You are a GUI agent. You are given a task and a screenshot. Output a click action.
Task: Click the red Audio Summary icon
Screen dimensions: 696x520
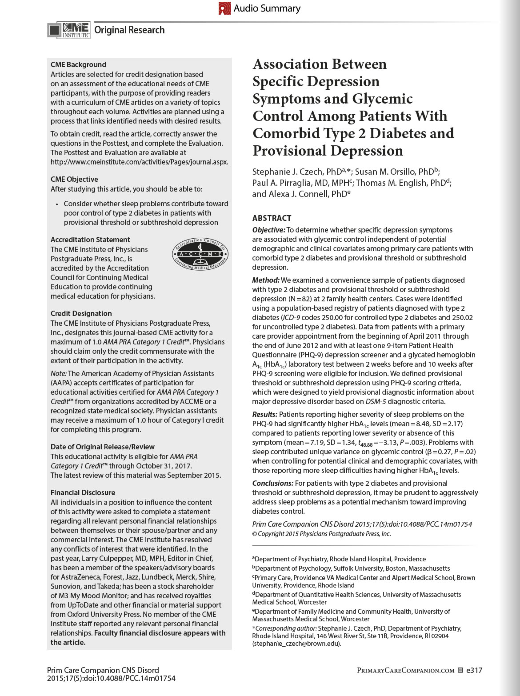tap(224, 8)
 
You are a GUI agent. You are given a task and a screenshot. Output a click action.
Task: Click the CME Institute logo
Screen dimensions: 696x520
tap(69, 30)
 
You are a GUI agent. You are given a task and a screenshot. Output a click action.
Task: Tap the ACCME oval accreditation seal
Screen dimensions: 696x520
tap(200, 254)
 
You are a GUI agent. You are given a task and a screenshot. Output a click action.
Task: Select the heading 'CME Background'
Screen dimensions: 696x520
tap(78, 64)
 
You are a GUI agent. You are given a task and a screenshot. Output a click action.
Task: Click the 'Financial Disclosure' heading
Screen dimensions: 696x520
tap(83, 492)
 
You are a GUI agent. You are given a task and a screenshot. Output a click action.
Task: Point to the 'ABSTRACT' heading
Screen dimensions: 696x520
tap(272, 218)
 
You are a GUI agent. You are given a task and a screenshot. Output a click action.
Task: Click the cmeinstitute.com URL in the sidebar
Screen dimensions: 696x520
tap(139, 162)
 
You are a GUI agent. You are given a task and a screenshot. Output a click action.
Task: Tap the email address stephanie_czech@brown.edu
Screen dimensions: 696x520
tap(296, 644)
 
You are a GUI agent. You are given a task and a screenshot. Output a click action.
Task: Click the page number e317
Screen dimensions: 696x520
tap(474, 670)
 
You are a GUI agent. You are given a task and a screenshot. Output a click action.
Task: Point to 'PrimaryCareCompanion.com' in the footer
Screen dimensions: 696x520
tap(405, 670)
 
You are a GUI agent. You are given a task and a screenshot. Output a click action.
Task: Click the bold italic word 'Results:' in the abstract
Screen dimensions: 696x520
tap(264, 414)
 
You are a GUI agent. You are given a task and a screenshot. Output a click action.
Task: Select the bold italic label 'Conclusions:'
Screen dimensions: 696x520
tap(272, 483)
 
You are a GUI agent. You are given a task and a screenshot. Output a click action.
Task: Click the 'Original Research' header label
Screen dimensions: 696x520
tap(129, 30)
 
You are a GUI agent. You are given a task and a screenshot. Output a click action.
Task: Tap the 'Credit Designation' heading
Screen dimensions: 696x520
tap(81, 313)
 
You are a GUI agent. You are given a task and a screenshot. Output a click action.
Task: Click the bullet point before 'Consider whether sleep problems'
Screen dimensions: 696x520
tap(57, 204)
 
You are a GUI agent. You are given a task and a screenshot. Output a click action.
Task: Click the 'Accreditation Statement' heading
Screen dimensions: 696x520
tap(90, 240)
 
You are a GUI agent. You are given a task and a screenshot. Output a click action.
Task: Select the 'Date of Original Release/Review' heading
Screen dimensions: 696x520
tap(103, 447)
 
